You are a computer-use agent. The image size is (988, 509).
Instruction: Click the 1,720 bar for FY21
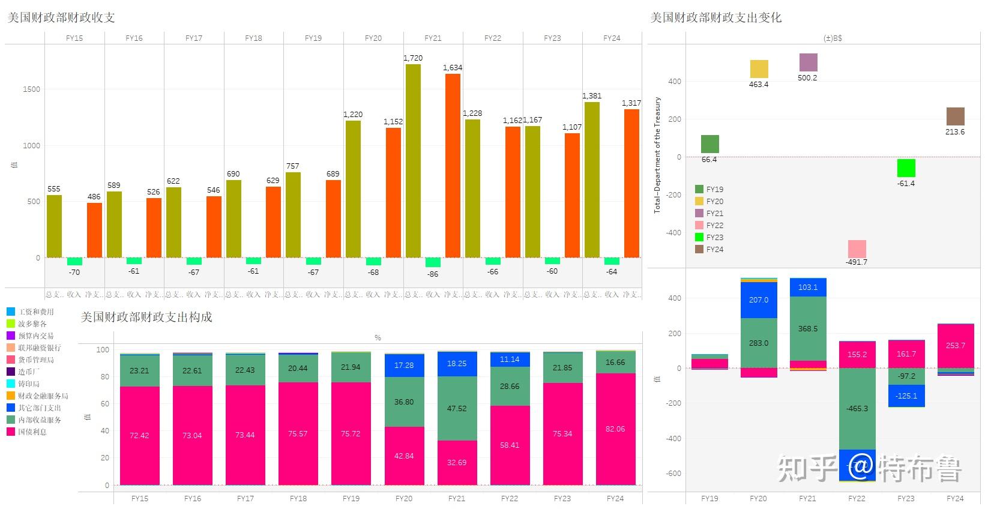tap(413, 161)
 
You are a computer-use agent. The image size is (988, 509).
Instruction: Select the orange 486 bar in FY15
tap(94, 230)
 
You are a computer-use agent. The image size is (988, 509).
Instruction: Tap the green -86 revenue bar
tap(433, 262)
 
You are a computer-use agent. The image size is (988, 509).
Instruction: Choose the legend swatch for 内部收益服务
tap(11, 420)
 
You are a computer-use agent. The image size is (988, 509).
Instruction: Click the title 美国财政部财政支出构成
tap(146, 317)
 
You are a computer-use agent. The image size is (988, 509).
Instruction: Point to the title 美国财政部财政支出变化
tap(715, 17)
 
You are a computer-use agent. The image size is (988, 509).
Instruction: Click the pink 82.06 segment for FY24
tap(615, 429)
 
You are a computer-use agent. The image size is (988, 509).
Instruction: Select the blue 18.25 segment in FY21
tap(457, 364)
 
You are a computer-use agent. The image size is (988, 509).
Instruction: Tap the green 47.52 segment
tap(457, 408)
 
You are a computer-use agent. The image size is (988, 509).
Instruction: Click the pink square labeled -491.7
tap(857, 248)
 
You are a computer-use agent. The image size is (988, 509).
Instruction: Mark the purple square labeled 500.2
tap(808, 62)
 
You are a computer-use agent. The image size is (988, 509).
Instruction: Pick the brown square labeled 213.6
tap(955, 116)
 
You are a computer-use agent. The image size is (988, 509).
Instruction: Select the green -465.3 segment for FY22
tap(857, 408)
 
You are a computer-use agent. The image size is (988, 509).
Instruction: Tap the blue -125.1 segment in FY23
tap(906, 396)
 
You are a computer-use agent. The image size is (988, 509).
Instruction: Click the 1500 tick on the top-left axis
tap(32, 89)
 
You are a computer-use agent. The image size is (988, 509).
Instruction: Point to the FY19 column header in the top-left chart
tap(313, 38)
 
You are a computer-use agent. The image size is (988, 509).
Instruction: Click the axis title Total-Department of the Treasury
tap(657, 155)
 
